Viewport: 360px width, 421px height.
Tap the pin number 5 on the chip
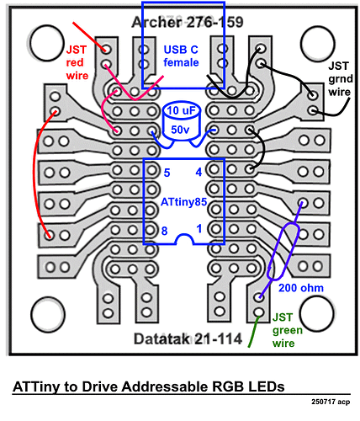[167, 173]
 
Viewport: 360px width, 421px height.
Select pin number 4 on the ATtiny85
[199, 173]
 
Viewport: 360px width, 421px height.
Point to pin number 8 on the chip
[165, 230]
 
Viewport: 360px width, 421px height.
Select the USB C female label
[181, 56]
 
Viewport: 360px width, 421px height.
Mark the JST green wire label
[289, 330]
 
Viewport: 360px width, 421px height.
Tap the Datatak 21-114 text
[188, 340]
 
